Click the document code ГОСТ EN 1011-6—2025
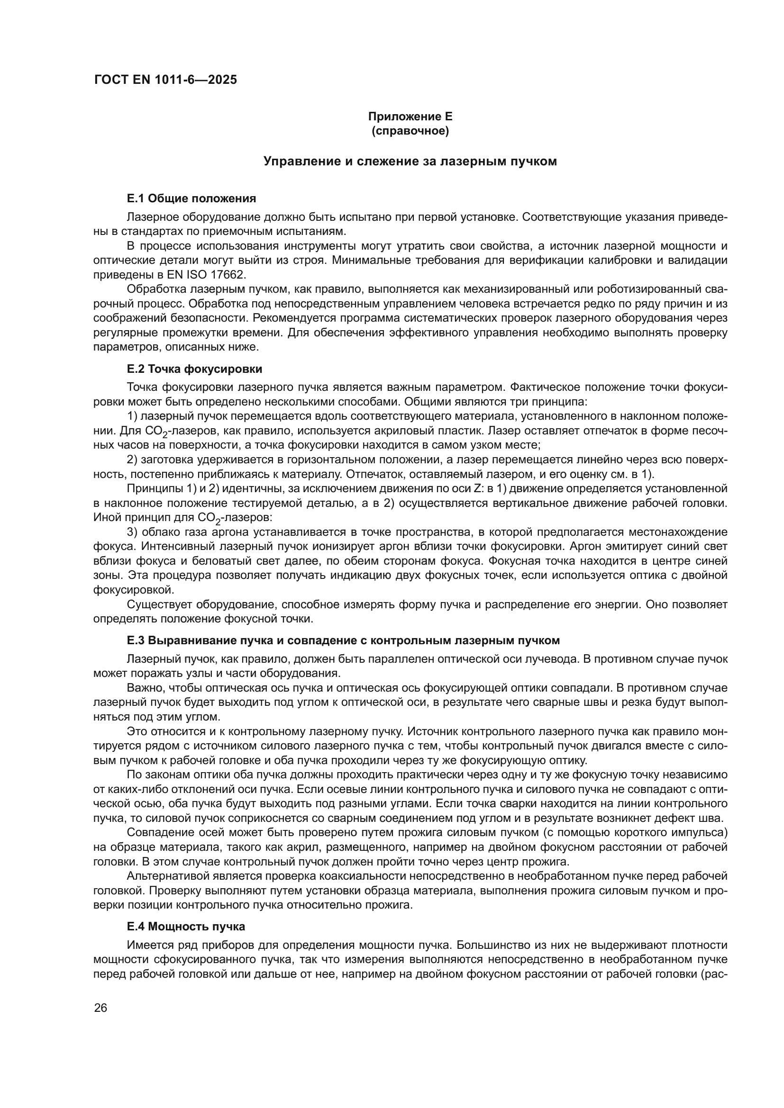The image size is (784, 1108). tap(165, 80)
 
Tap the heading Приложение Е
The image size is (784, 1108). tap(410, 117)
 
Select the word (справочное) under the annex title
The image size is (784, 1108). tap(410, 131)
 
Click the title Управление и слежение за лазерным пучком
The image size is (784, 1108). tap(410, 162)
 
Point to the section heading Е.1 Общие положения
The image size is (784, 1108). tap(191, 198)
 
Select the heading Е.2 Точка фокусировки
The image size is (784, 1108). tap(194, 369)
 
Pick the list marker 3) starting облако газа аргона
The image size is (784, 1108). tap(132, 532)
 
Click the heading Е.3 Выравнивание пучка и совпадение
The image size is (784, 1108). tap(343, 640)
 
